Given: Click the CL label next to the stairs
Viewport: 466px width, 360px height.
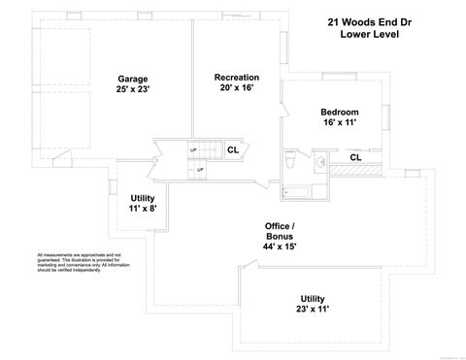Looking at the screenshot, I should (233, 149).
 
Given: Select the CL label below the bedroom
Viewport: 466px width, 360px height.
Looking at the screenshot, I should (355, 157).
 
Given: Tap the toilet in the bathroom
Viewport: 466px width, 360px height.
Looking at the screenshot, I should (292, 158).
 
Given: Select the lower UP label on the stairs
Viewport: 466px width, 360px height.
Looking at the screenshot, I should (200, 170).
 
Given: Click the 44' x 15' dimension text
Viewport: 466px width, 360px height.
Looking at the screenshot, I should (281, 247).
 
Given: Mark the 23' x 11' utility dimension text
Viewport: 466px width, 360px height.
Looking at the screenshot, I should (313, 310).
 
